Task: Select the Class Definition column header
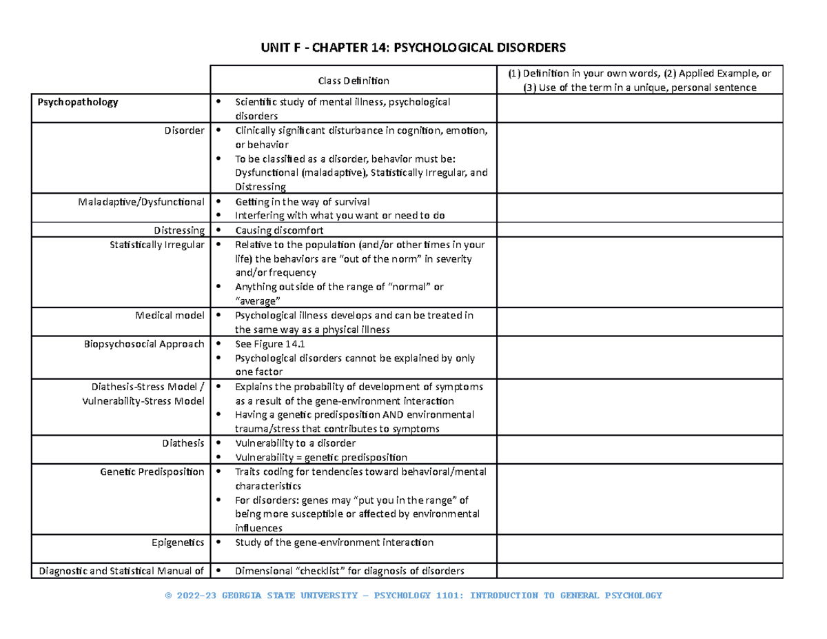[353, 81]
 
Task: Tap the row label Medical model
[170, 316]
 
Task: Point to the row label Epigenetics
[178, 542]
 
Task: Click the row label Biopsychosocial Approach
[143, 344]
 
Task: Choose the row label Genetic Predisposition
[152, 472]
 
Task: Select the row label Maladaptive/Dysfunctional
[142, 202]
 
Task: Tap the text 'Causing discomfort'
[279, 230]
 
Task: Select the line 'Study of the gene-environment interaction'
[334, 542]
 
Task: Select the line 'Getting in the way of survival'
[303, 202]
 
